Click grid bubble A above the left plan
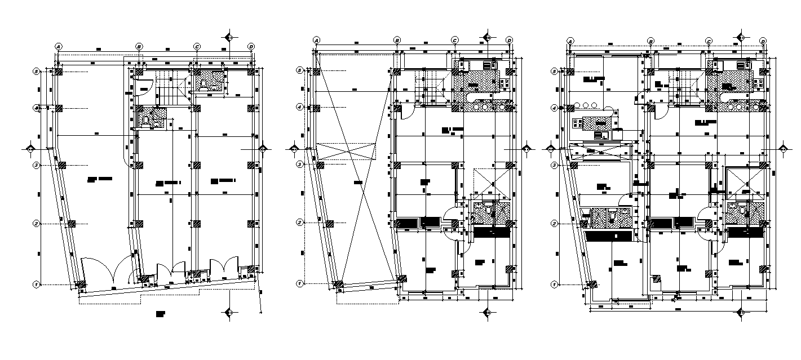coord(57,46)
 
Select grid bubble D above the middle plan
coord(509,41)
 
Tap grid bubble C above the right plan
coord(708,41)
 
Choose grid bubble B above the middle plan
coord(397,41)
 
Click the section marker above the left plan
coord(229,37)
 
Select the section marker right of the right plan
coord(783,149)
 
